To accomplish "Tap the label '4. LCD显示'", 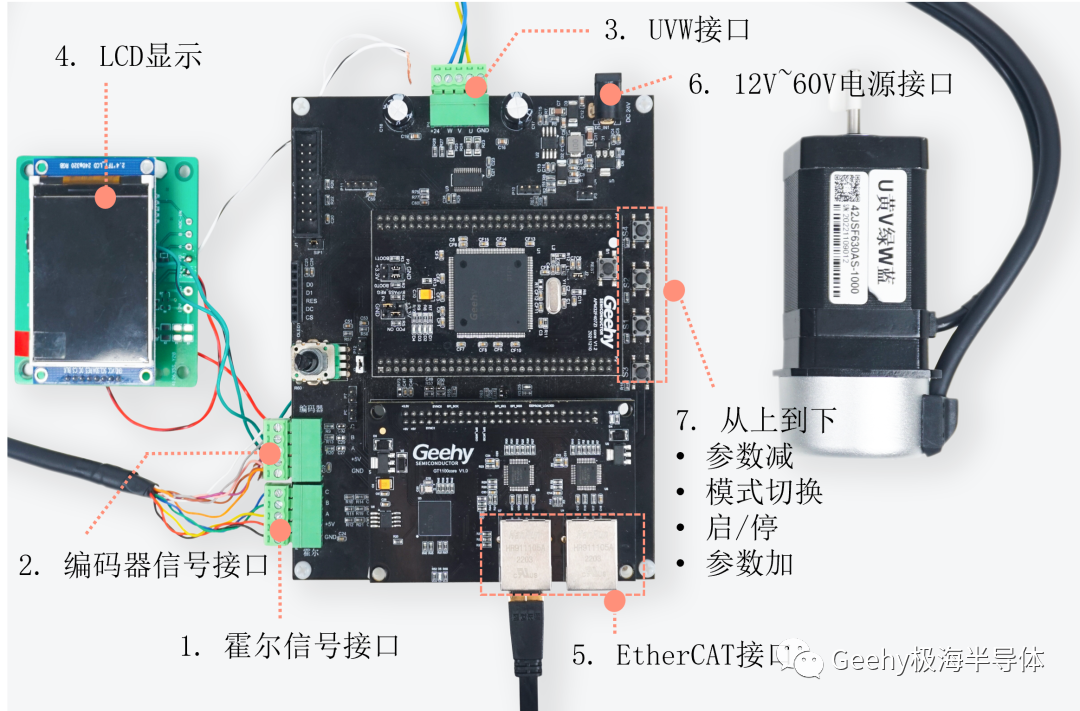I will pos(128,56).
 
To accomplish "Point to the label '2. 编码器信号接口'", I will pos(143,564).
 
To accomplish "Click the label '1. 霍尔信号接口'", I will pos(290,646).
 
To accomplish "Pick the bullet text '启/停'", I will pos(741,527).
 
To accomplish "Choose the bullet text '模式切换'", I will pos(764,492).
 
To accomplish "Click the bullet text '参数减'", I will pos(749,456).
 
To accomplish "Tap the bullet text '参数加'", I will pos(749,563).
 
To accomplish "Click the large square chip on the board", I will pos(488,291).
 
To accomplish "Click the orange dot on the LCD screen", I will pos(104,197).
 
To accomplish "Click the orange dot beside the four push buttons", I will pos(675,290).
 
